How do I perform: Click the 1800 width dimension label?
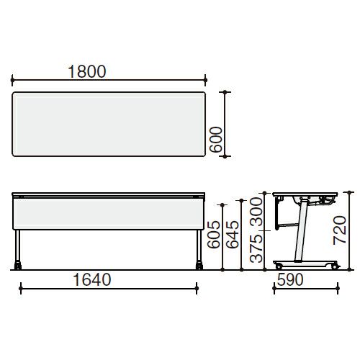(87, 71)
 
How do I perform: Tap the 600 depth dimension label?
(216, 140)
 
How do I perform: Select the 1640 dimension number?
(92, 279)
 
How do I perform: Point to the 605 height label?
(214, 235)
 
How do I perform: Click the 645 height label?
(233, 234)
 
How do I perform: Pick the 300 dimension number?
(256, 212)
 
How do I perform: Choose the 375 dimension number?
(256, 248)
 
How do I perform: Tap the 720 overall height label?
(340, 230)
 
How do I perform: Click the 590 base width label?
(290, 279)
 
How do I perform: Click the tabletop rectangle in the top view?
(109, 124)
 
